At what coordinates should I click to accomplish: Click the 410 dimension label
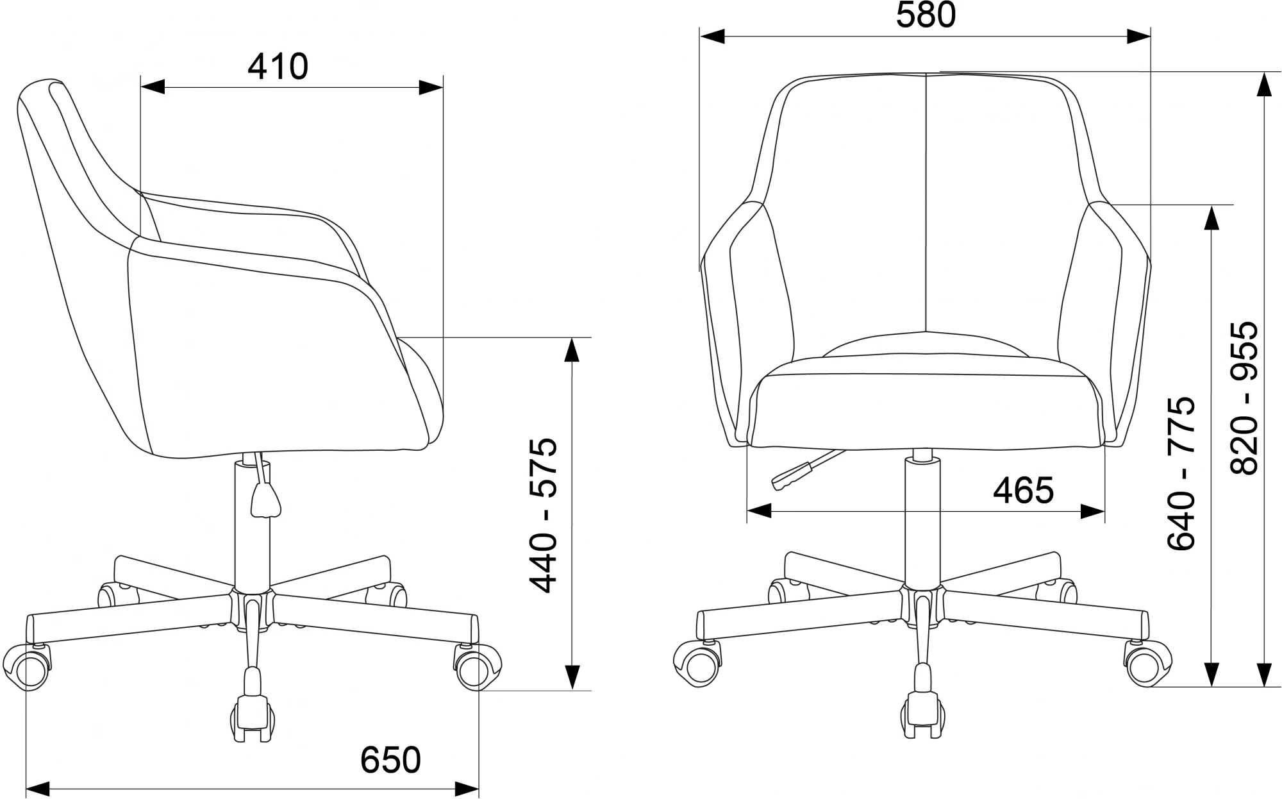coord(278,67)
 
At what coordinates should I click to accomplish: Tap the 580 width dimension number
coord(926,15)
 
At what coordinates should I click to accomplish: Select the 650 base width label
coord(390,759)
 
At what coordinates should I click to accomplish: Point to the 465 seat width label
coord(1023,491)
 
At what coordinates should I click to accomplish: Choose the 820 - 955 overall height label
coord(1244,398)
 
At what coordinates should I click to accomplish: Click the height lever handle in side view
coord(265,500)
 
